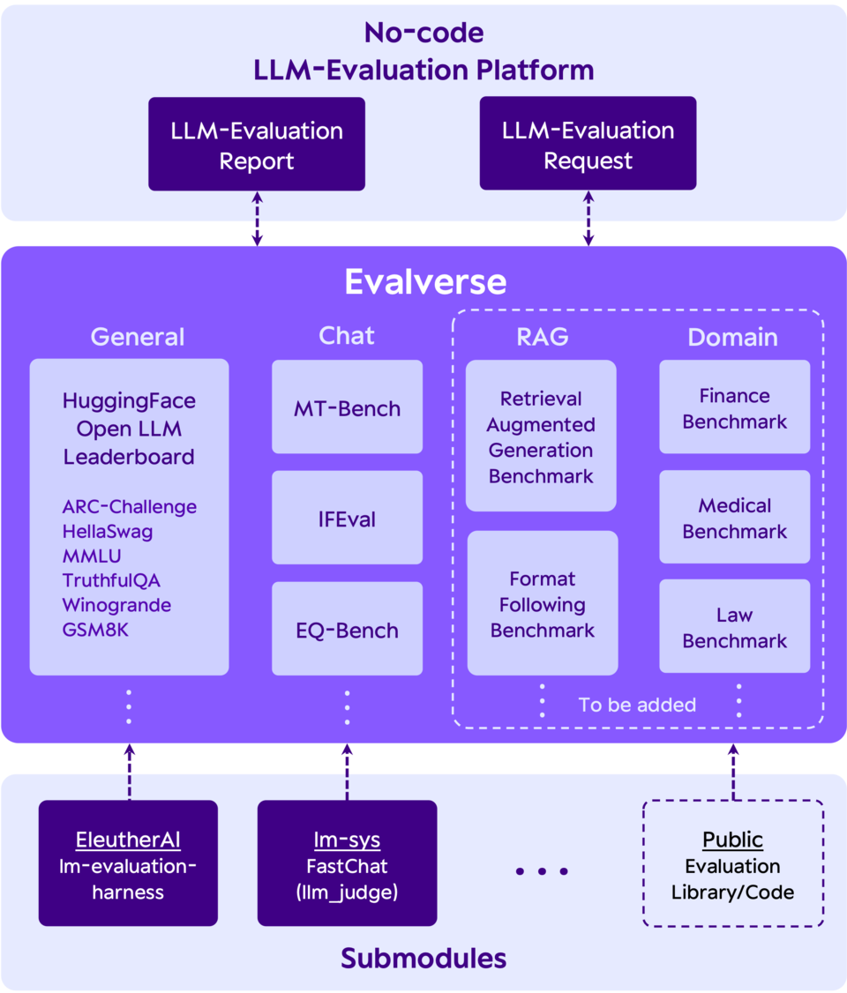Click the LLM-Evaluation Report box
pyautogui.click(x=256, y=145)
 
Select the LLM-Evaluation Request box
pyautogui.click(x=588, y=145)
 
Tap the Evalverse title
pyautogui.click(x=425, y=282)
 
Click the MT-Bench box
pyautogui.click(x=347, y=409)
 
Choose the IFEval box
pyautogui.click(x=347, y=519)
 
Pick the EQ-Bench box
pyautogui.click(x=347, y=631)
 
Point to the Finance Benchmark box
pyautogui.click(x=734, y=408)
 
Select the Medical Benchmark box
pyautogui.click(x=734, y=519)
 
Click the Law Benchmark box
pyautogui.click(x=734, y=628)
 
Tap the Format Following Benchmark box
pyautogui.click(x=542, y=605)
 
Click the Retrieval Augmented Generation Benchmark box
pyautogui.click(x=541, y=437)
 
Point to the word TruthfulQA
pyautogui.click(x=111, y=580)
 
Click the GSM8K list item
pyautogui.click(x=95, y=630)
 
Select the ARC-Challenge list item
pyautogui.click(x=129, y=506)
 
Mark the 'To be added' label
pyautogui.click(x=637, y=705)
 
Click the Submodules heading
pyautogui.click(x=423, y=959)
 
